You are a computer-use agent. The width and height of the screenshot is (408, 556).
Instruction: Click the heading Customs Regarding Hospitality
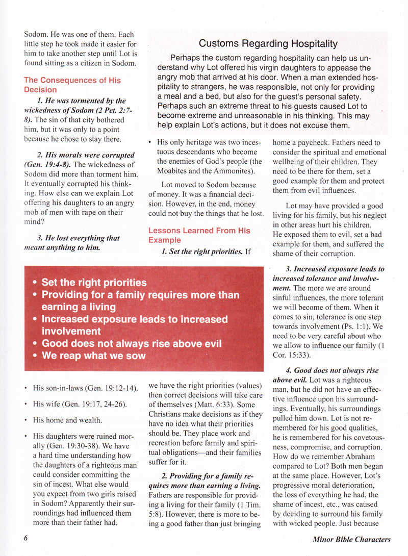[x=268, y=44]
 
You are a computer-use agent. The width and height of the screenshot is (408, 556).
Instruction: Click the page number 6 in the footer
[x=25, y=539]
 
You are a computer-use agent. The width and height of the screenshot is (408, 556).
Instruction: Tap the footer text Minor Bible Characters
[x=352, y=539]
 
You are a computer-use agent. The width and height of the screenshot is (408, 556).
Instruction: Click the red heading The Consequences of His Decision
[x=72, y=85]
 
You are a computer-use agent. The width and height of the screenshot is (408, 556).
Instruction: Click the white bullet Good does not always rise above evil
[x=132, y=343]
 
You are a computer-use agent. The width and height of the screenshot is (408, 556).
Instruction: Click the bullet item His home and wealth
[x=67, y=420]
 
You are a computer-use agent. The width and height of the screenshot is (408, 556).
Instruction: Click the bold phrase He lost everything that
[x=78, y=238]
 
